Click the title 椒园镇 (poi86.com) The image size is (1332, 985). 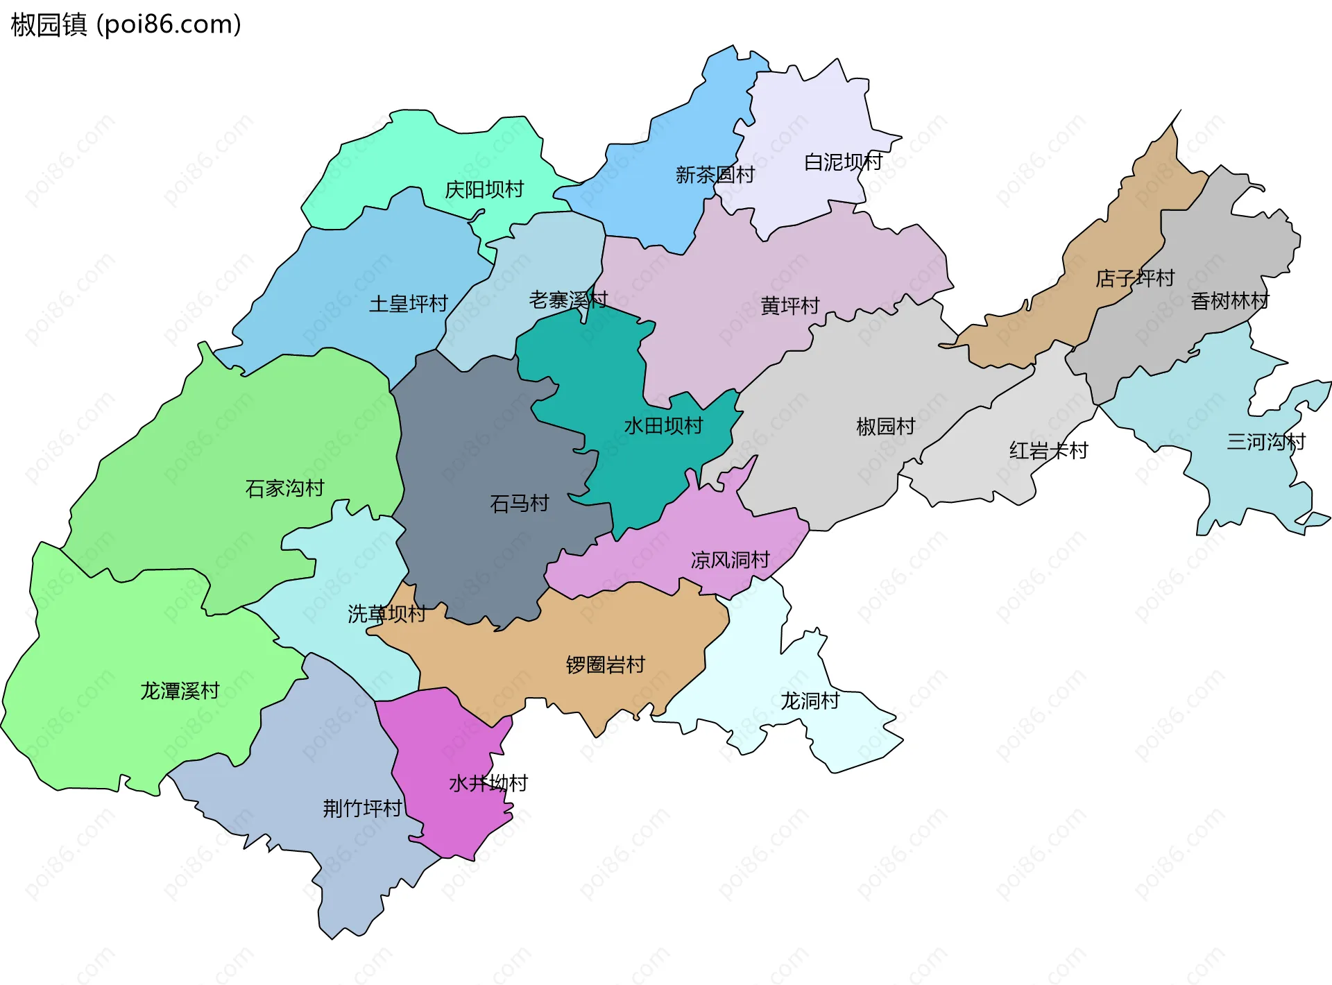[126, 24]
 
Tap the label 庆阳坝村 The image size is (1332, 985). [484, 189]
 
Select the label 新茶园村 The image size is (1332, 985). [715, 175]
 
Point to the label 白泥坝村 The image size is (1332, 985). [842, 162]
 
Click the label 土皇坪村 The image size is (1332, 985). [408, 304]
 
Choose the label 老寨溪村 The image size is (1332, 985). [567, 300]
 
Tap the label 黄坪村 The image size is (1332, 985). [789, 305]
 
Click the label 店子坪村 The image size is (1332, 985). [1134, 279]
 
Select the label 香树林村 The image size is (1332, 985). [1229, 301]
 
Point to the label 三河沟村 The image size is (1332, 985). [1265, 442]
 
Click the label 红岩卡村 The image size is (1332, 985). [1048, 451]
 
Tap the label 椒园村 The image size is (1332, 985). [885, 426]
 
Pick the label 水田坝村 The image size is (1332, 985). [663, 425]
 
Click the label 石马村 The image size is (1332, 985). [519, 503]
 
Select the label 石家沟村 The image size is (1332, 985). [284, 488]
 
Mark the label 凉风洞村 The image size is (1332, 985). [730, 560]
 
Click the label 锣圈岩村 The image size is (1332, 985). [605, 665]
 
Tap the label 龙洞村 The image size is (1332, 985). [810, 701]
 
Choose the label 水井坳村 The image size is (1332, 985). [488, 783]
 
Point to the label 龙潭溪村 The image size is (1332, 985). [180, 691]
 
